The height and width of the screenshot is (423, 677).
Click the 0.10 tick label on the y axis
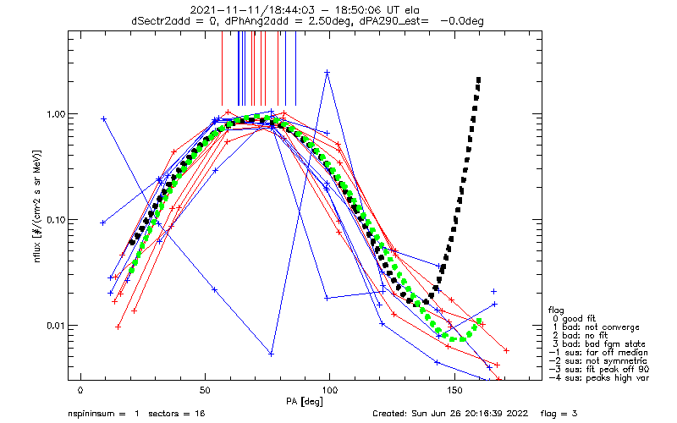pos(56,220)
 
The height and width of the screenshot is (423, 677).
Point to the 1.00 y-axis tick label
pos(56,114)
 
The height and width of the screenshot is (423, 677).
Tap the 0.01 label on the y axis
pos(56,326)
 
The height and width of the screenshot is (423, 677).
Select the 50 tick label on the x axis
pos(205,390)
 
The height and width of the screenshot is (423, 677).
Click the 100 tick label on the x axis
pos(330,390)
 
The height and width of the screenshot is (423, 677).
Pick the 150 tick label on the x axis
pos(454,390)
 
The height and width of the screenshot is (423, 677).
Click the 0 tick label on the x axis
pos(80,390)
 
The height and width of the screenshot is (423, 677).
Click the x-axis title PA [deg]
pos(305,402)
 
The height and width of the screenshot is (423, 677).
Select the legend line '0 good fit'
pos(574,319)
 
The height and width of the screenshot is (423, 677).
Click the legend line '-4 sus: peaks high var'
pos(599,378)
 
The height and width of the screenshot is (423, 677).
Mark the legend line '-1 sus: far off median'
pos(598,353)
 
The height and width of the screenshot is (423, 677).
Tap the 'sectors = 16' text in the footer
pos(177,414)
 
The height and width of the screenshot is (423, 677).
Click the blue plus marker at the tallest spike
pos(327,73)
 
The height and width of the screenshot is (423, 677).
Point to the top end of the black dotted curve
pos(478,80)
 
